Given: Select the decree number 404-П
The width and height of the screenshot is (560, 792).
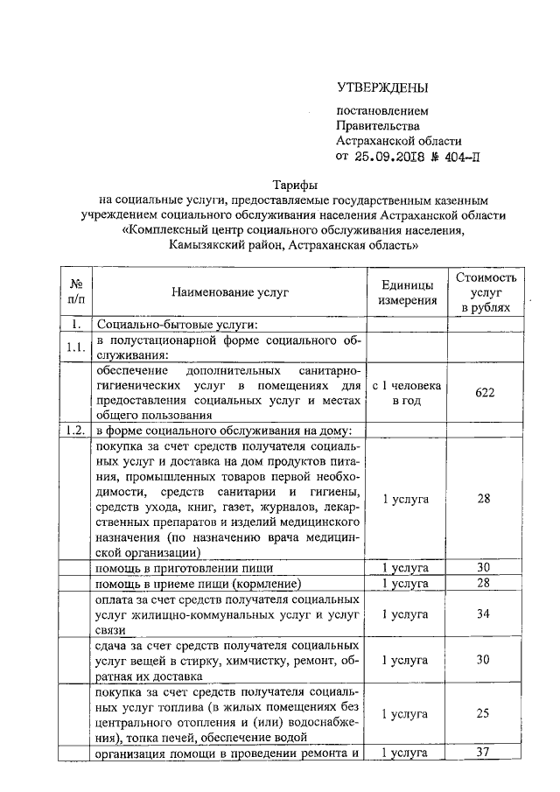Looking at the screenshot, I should (x=460, y=158).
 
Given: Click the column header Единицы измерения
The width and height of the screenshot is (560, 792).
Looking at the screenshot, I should (x=407, y=293).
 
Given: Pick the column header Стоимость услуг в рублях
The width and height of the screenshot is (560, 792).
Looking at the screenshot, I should (x=486, y=293).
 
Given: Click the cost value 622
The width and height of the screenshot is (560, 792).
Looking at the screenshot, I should (x=486, y=392).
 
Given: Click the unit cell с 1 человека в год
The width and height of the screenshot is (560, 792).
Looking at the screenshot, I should (x=407, y=392).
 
